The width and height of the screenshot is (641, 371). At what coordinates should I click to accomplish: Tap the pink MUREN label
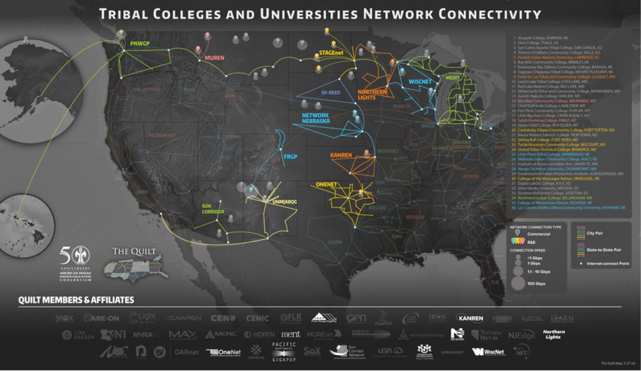pos(214,58)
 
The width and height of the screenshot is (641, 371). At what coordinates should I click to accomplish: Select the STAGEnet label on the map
pos(331,51)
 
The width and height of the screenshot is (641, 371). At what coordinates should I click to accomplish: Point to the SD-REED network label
pos(331,93)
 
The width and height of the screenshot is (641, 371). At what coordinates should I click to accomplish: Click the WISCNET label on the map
pos(420,81)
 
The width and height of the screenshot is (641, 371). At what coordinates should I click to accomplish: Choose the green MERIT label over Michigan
pos(452,78)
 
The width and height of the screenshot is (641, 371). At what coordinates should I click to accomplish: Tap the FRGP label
pos(290,157)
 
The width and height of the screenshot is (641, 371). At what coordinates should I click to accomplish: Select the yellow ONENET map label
pos(327,184)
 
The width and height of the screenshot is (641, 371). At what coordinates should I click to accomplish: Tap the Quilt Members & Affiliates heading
pos(76,300)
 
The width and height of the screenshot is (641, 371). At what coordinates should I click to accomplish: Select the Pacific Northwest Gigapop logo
pos(283,351)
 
